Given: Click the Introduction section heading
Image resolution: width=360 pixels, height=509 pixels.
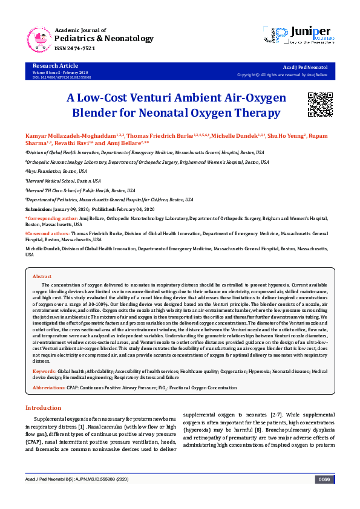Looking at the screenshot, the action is tap(43, 408).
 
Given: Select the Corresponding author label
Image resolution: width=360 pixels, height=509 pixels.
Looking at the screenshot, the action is tap(50, 216).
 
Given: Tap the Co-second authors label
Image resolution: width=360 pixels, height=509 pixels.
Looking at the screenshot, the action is tap(47, 233).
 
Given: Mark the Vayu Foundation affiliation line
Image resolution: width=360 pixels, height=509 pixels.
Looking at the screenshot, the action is tap(51, 171).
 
